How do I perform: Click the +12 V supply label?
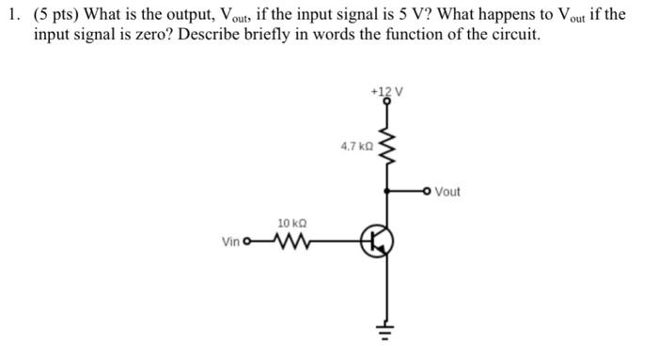click(386, 92)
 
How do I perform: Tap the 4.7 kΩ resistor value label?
click(356, 146)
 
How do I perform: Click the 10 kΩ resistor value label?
click(290, 223)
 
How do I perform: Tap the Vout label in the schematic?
click(447, 192)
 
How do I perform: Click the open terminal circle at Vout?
click(429, 192)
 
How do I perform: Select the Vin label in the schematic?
click(230, 243)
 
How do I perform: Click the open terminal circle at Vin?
click(247, 243)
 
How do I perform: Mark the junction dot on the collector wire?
click(385, 192)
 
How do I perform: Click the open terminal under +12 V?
click(385, 105)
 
